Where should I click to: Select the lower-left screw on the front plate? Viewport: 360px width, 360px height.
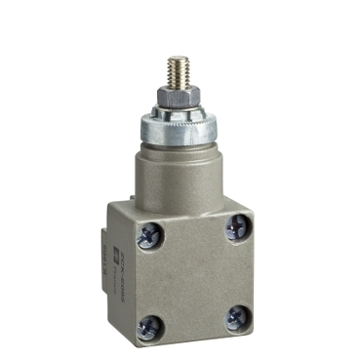pos(149,323)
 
